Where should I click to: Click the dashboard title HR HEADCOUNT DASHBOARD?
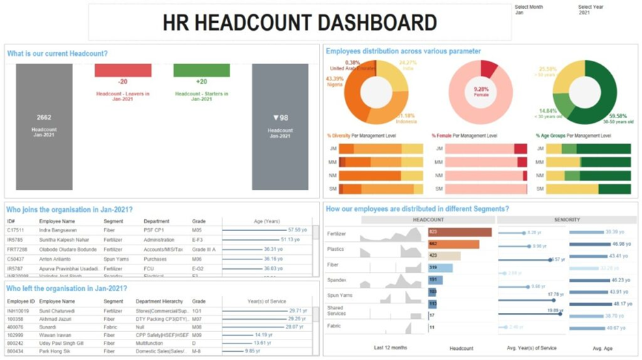tap(299, 23)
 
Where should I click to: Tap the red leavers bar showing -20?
tap(122, 70)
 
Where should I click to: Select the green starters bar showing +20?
tap(201, 70)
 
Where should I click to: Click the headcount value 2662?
tap(44, 117)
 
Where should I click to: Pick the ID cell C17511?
tap(16, 230)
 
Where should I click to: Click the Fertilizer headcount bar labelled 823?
tap(460, 233)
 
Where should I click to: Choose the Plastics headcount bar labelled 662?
tap(453, 244)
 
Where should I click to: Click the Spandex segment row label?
tap(336, 280)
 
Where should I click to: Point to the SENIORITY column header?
tap(567, 220)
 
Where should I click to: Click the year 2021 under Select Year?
tap(584, 12)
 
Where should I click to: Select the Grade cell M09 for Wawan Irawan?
tap(199, 335)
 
